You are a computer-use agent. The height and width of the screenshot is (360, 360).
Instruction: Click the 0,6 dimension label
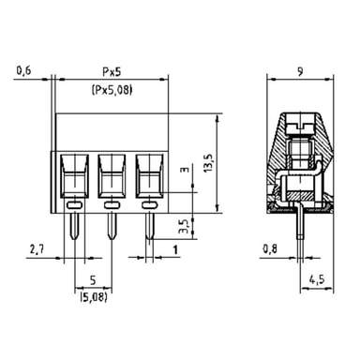(x=24, y=70)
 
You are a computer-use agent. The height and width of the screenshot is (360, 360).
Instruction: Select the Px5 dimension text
(x=112, y=72)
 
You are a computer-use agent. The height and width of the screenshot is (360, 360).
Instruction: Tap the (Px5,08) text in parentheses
(x=112, y=90)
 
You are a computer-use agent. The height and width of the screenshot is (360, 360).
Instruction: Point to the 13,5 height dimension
(x=208, y=162)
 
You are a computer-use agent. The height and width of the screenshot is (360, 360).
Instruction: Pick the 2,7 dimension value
(x=37, y=249)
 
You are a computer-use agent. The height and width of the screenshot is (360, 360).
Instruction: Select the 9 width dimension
(x=300, y=72)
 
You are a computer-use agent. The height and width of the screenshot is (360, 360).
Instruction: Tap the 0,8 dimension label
(x=270, y=249)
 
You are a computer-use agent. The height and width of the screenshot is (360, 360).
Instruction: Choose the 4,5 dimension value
(x=317, y=279)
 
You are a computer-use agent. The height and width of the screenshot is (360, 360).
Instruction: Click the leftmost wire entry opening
(x=74, y=176)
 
